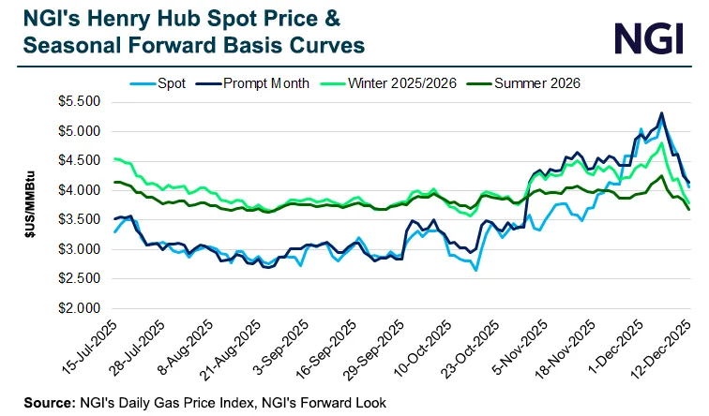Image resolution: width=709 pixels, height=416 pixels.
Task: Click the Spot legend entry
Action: [x=171, y=83]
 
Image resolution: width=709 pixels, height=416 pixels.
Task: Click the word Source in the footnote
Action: [x=38, y=402]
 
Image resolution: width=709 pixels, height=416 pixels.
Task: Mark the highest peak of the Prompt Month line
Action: [x=662, y=113]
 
